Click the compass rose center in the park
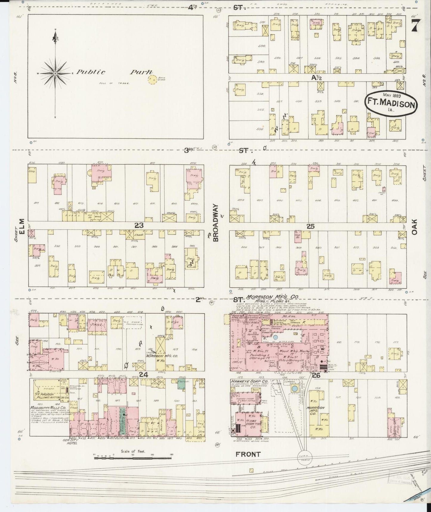tap(55, 73)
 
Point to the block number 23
tap(139, 226)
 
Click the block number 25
tap(311, 226)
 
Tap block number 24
tap(143, 375)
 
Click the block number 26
tap(316, 375)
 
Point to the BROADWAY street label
tap(216, 223)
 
